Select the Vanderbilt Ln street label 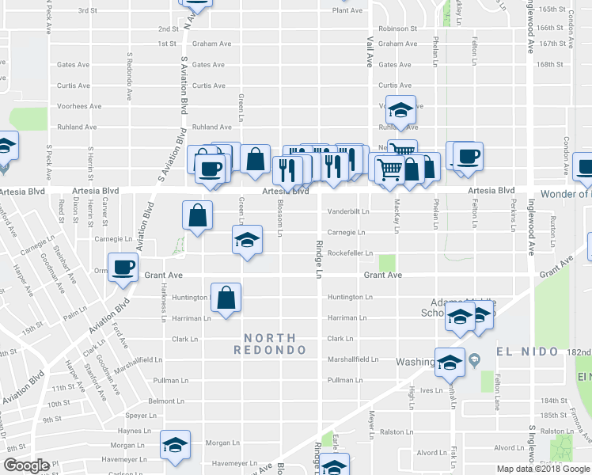click(349, 211)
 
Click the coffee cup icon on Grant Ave click(123, 268)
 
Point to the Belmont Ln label click(166, 401)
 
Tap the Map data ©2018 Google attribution click(544, 469)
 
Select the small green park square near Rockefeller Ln click(387, 262)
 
